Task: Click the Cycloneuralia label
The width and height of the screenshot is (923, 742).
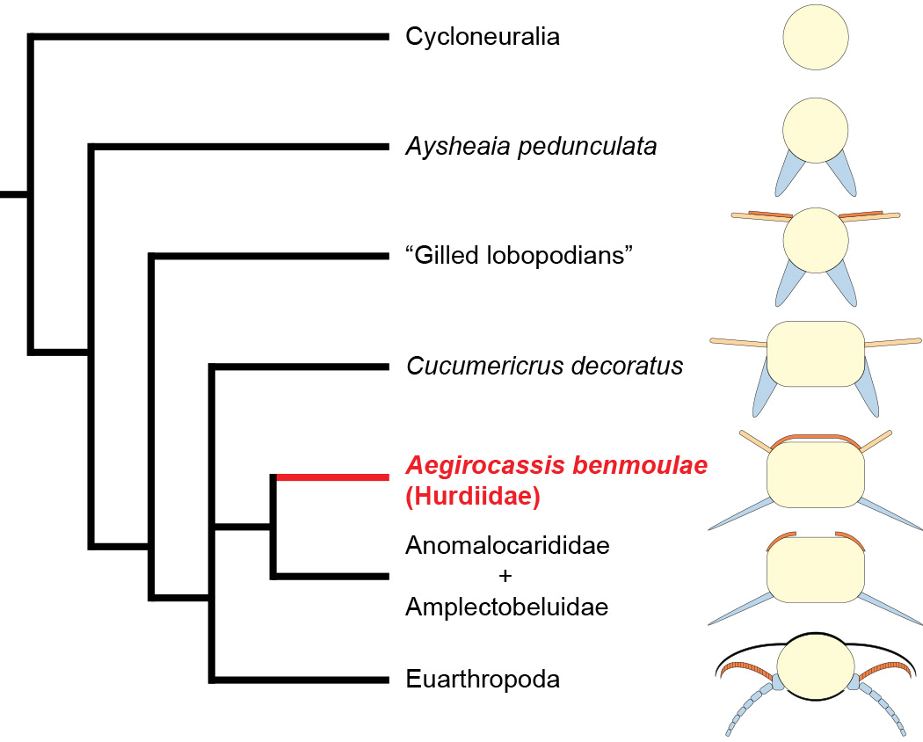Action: pos(482,37)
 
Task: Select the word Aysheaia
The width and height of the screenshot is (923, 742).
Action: pos(457,147)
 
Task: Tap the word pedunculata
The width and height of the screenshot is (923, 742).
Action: pos(587,147)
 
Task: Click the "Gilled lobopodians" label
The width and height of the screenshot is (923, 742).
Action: pos(520,256)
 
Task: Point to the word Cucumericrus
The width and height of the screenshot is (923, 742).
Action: pos(485,366)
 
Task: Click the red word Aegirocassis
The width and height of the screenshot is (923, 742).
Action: pos(484,465)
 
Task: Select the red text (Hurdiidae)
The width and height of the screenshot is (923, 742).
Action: pos(473,496)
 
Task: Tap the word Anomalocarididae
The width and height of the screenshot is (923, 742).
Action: pos(507,545)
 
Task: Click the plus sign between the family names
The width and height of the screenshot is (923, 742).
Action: pos(505,575)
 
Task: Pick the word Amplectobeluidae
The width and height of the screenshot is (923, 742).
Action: pos(507,607)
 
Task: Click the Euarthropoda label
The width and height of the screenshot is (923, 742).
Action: pos(483,679)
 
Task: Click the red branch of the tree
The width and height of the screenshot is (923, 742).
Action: pos(332,477)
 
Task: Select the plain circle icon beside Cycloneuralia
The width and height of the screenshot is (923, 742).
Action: pos(815,37)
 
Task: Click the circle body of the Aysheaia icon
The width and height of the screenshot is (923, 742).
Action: pos(815,130)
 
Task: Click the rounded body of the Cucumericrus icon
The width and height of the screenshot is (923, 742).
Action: pos(815,354)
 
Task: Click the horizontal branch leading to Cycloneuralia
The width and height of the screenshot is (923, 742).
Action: pos(208,37)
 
